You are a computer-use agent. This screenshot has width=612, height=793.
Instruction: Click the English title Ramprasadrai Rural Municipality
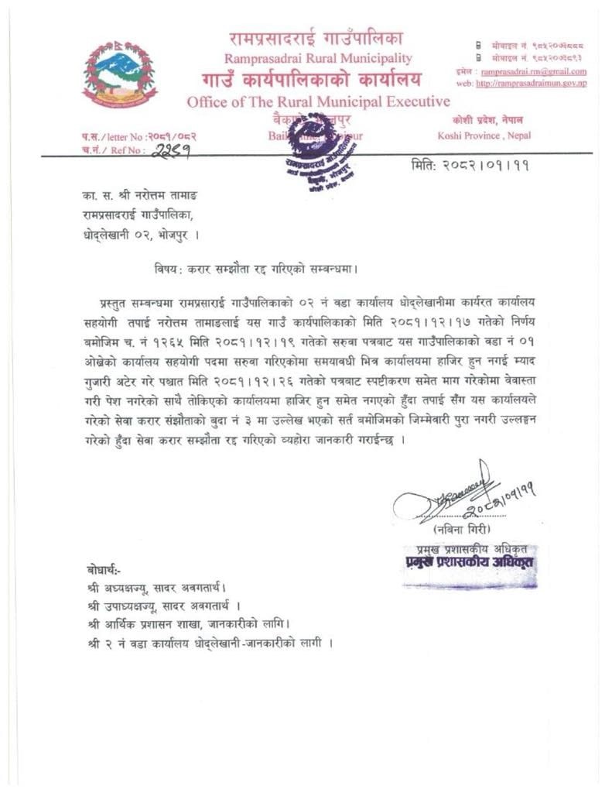click(x=318, y=58)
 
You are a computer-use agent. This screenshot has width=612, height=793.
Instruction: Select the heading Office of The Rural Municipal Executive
click(x=318, y=101)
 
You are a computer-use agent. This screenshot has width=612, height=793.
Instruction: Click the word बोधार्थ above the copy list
click(x=105, y=569)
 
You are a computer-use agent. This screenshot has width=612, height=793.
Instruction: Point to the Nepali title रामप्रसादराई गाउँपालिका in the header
click(x=317, y=37)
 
